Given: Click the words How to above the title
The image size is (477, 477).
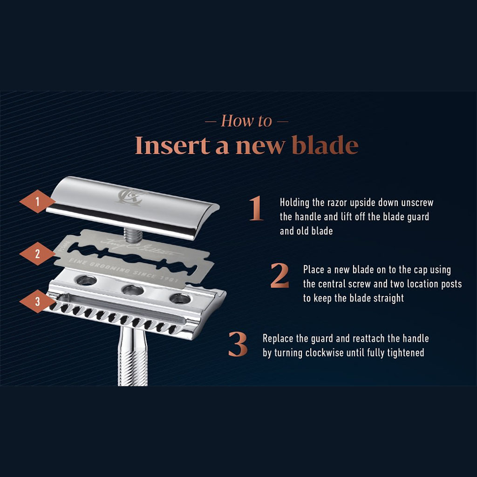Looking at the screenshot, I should pyautogui.click(x=246, y=121).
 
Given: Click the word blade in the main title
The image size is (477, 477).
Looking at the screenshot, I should pyautogui.click(x=325, y=145).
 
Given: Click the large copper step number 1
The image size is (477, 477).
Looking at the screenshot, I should pyautogui.click(x=256, y=209).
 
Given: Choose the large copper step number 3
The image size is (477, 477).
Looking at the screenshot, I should pyautogui.click(x=238, y=345).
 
